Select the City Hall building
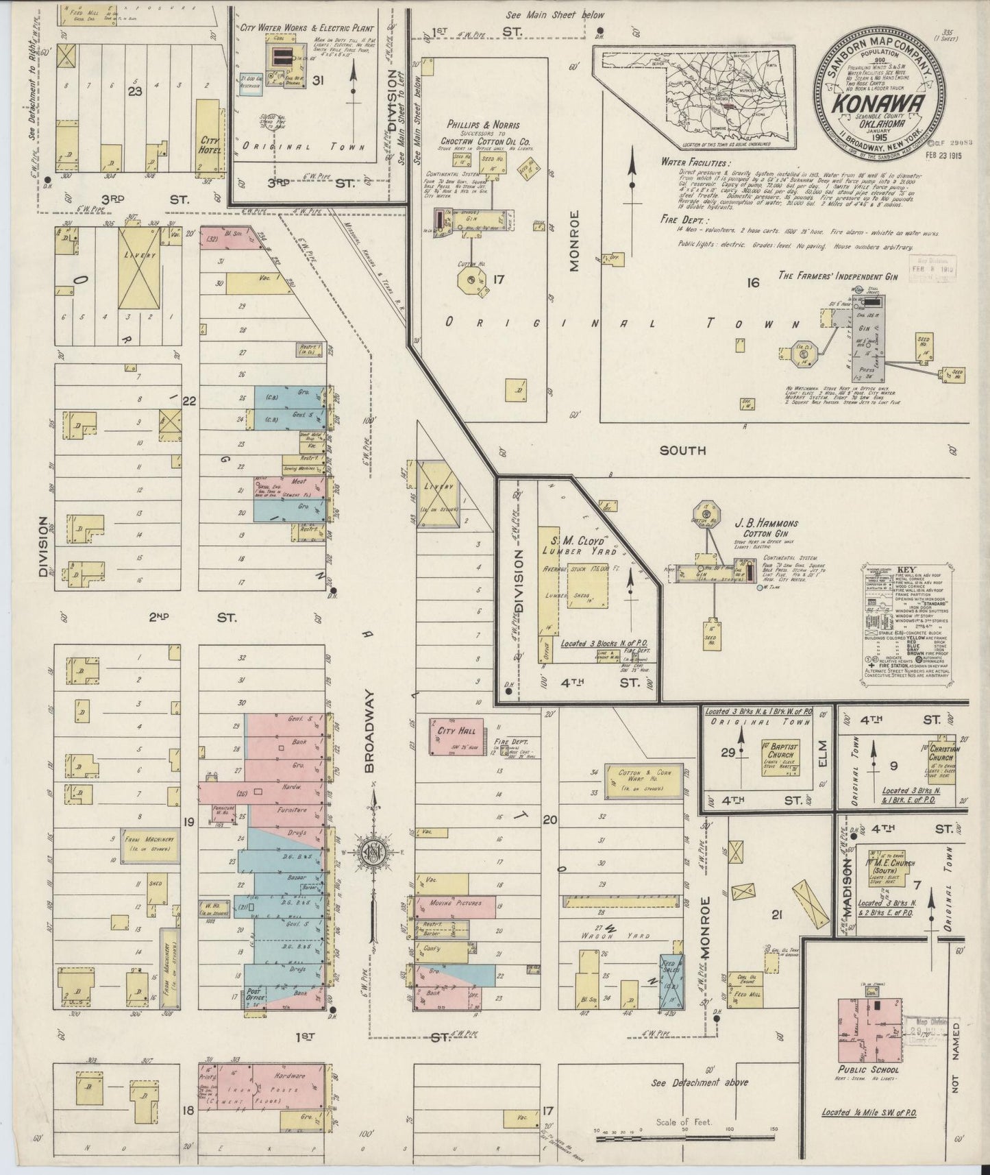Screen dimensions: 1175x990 (456, 736)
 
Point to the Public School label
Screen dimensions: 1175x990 (868, 1069)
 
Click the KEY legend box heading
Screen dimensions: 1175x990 (906, 570)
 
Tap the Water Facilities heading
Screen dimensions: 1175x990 (693, 162)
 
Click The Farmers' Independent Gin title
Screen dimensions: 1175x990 (828, 275)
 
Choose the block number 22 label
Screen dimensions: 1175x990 (189, 402)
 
